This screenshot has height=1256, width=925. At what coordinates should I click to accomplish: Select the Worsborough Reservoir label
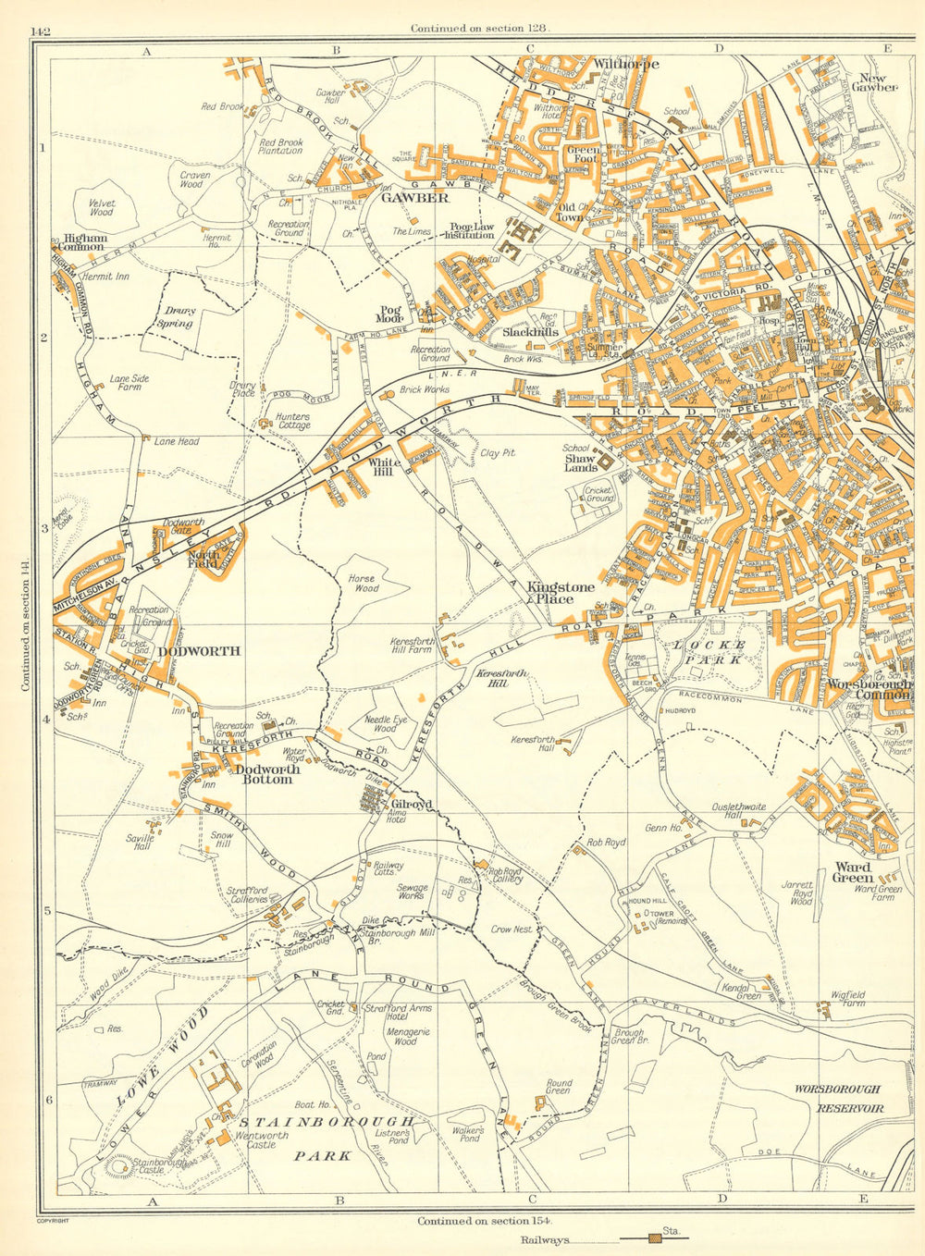[838, 1099]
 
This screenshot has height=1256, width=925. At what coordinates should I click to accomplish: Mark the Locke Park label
[709, 652]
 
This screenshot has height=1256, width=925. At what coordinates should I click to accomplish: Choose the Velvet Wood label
[100, 207]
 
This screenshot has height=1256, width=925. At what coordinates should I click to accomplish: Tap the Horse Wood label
[364, 583]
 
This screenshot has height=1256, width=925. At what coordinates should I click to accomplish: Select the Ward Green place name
[853, 873]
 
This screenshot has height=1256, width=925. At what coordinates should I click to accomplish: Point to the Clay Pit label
[498, 452]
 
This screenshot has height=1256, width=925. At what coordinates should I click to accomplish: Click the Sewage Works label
[413, 892]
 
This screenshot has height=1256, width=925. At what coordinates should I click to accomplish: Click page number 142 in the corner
[40, 31]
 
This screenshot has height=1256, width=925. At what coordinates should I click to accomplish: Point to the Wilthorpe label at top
[625, 65]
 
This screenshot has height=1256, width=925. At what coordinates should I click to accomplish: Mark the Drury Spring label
[175, 317]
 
